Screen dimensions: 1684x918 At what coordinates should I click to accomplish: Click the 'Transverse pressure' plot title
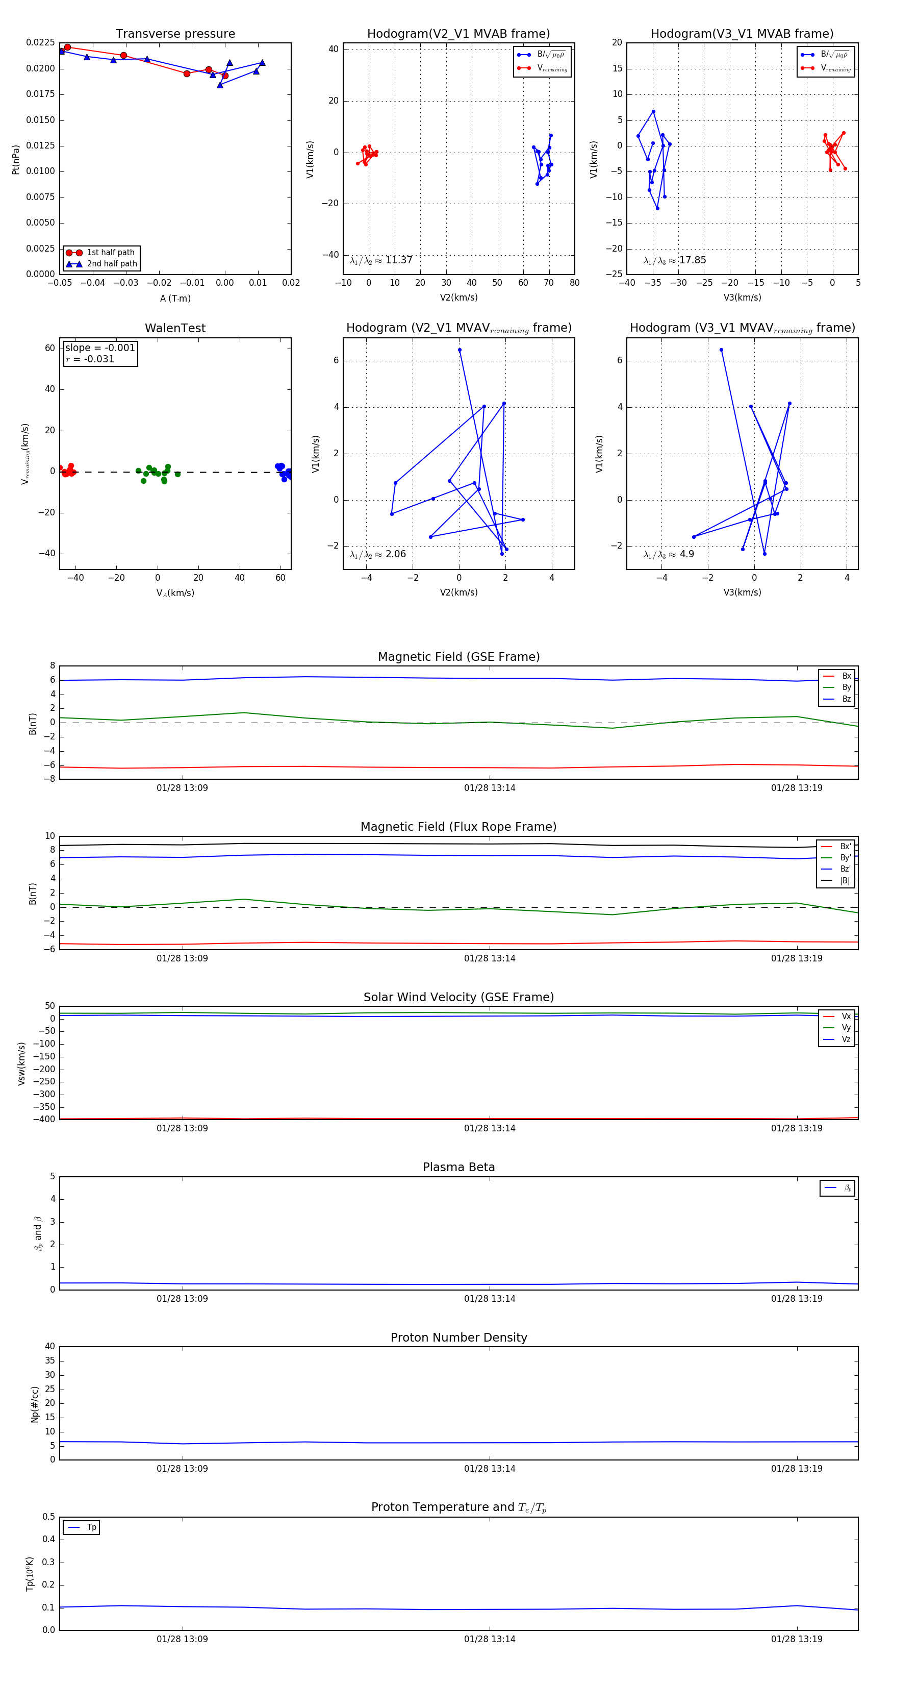tap(175, 34)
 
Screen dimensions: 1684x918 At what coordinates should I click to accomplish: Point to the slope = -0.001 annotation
tap(100, 348)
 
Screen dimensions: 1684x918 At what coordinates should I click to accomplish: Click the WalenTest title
tap(175, 328)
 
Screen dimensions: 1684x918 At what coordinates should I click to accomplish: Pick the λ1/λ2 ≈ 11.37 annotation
tap(381, 260)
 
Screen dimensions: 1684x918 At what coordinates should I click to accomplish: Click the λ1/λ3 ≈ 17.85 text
tap(674, 260)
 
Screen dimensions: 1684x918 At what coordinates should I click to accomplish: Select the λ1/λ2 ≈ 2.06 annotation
tap(377, 554)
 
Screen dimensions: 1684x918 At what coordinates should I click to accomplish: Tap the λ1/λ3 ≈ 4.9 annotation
tap(669, 554)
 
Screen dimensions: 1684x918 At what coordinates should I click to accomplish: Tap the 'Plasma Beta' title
tap(458, 1168)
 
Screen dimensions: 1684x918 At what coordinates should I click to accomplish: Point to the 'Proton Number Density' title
tap(458, 1338)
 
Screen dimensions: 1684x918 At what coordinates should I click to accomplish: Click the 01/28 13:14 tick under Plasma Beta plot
tap(490, 1298)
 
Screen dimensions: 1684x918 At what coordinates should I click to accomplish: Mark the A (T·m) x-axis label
tap(175, 299)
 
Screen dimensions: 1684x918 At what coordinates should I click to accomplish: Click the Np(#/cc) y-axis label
tap(35, 1404)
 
